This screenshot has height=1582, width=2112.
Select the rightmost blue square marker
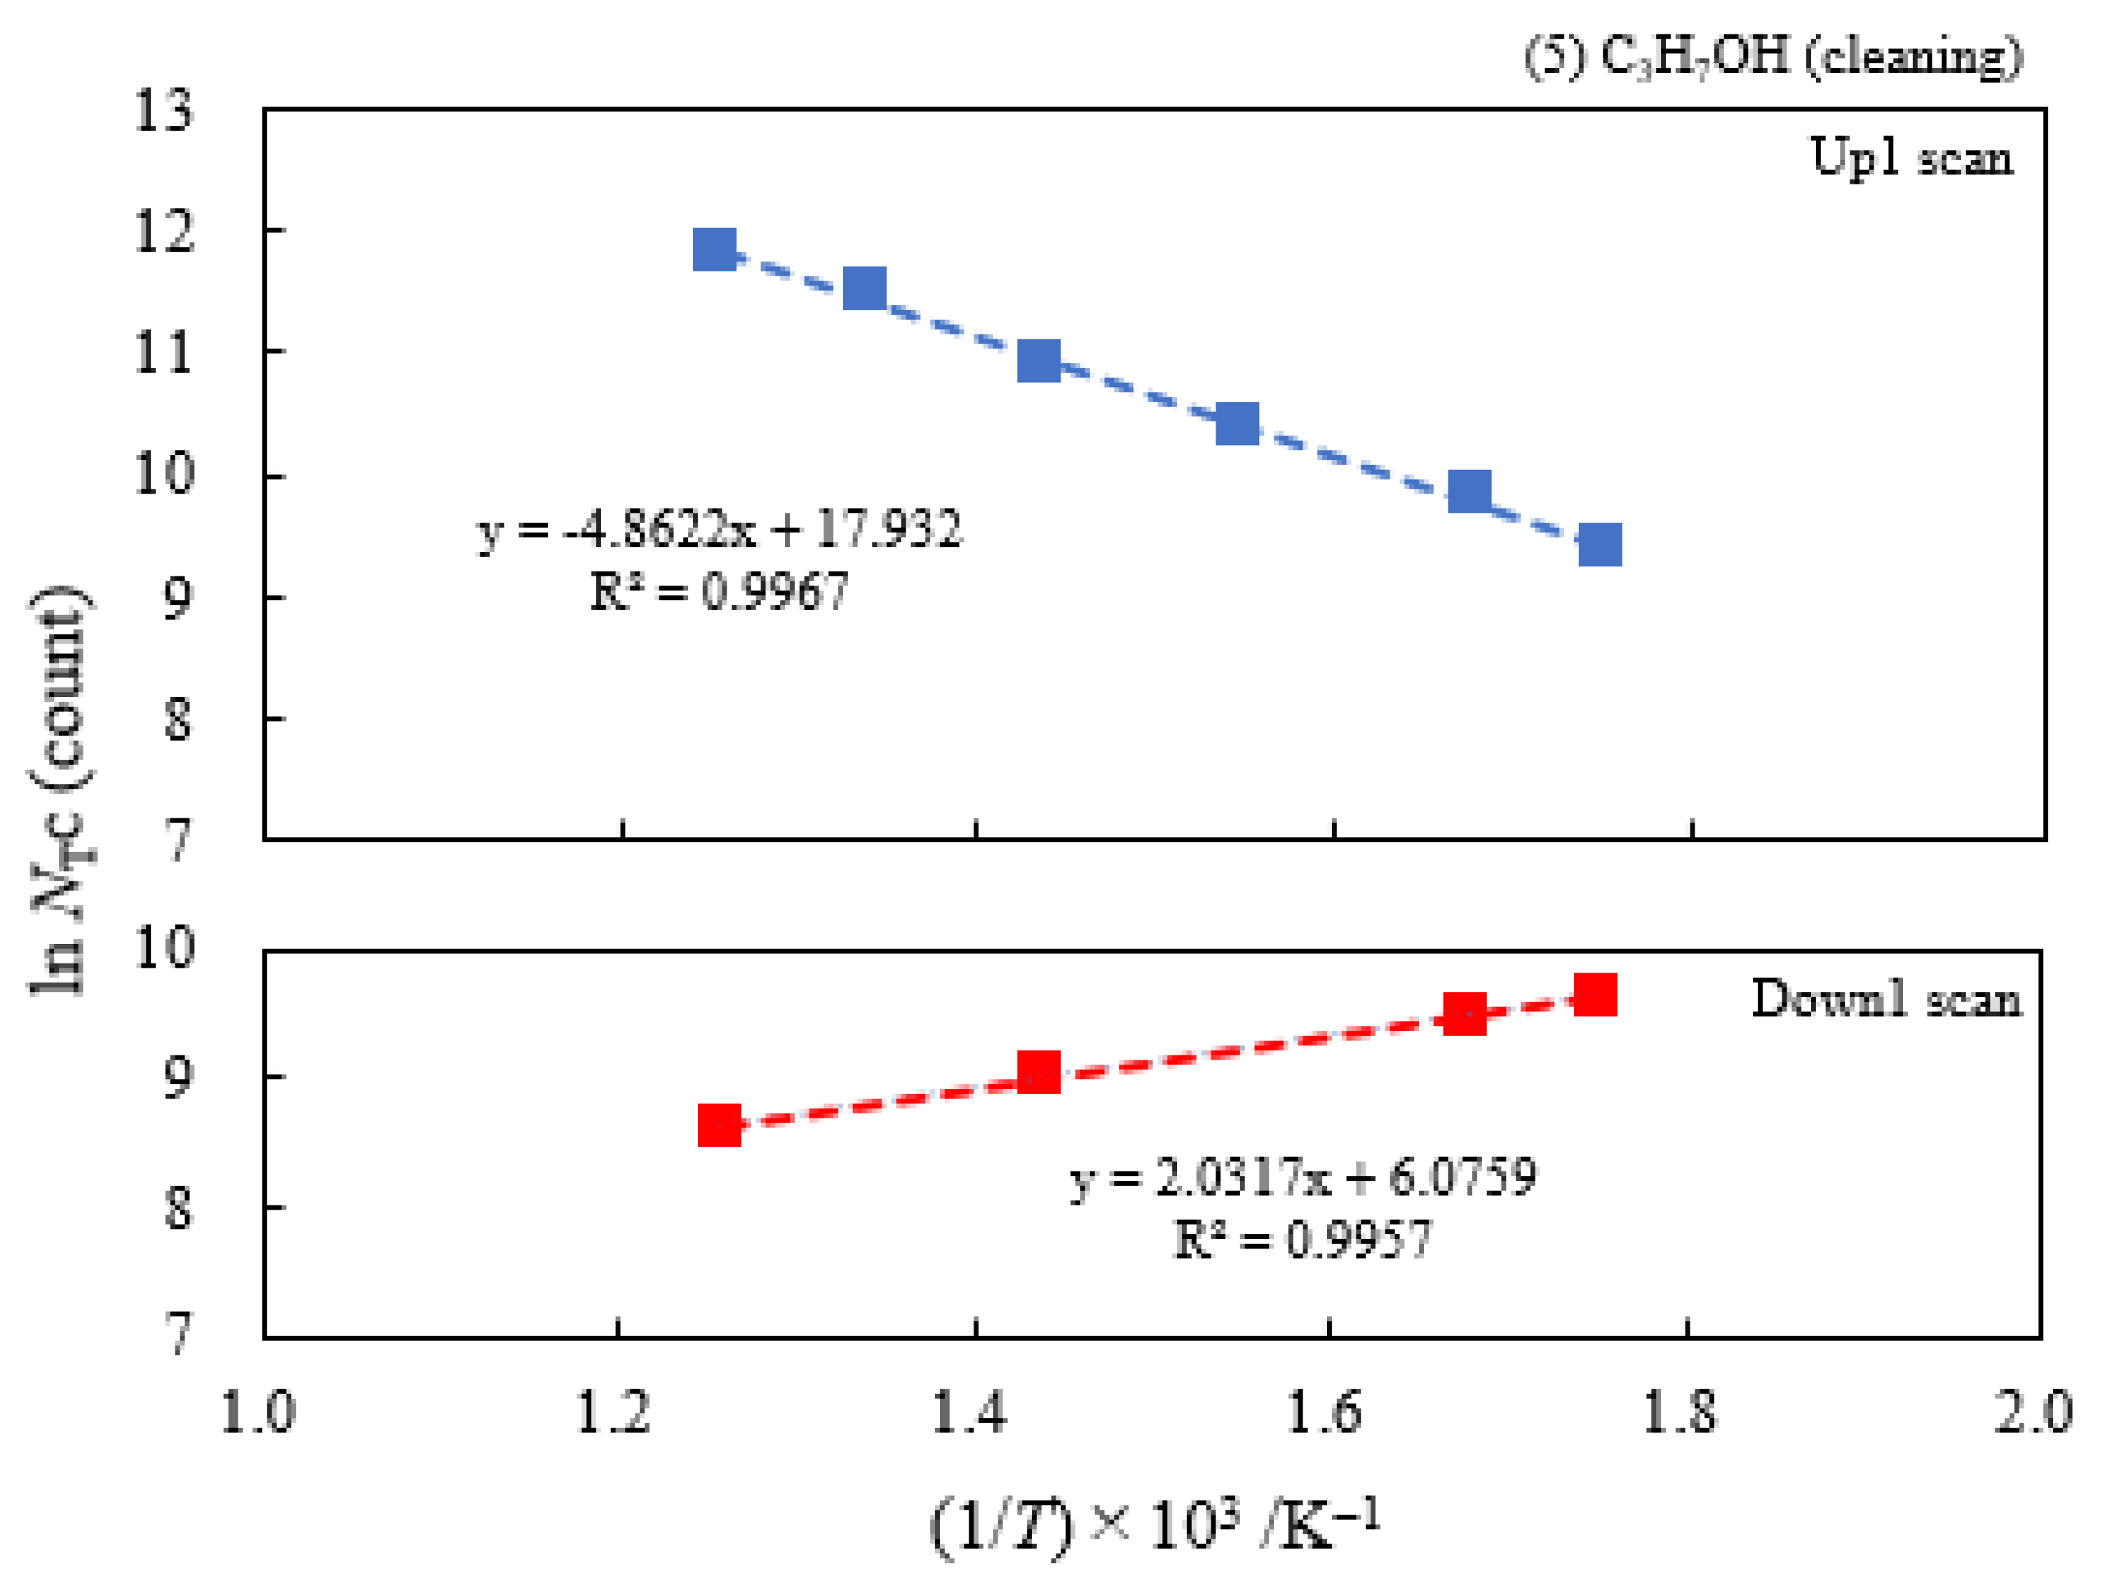coord(1599,544)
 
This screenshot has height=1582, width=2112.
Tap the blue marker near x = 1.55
coord(1237,423)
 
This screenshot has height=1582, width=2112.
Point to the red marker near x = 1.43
coord(1039,1071)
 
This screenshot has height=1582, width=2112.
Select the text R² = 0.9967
coord(719,591)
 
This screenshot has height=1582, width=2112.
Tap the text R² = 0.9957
coord(1303,1239)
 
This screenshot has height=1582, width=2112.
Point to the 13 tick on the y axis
coord(163,111)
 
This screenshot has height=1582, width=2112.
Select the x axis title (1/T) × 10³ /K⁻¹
coord(1155,1524)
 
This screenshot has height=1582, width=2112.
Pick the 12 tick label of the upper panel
coord(163,231)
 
